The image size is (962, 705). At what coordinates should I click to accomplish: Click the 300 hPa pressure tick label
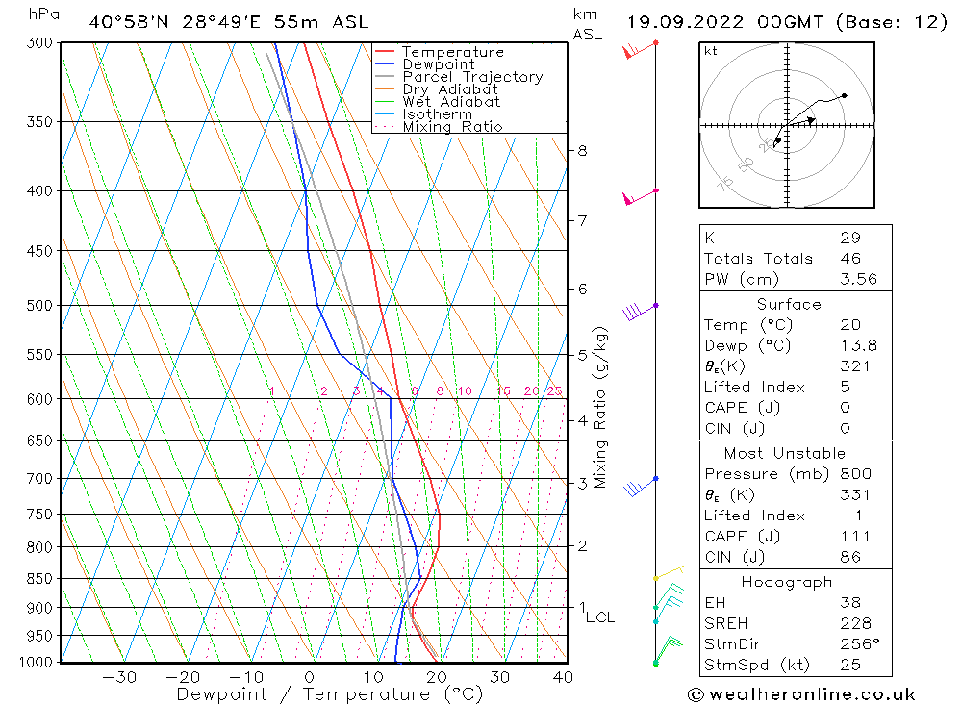[40, 43]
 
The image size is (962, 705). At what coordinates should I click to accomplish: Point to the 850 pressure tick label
[40, 579]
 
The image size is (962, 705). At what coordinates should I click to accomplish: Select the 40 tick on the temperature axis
[563, 677]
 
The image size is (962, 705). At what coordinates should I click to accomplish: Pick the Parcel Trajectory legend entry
[472, 77]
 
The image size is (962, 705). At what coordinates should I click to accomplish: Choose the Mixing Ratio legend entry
[452, 126]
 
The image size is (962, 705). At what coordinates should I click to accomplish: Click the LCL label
[599, 617]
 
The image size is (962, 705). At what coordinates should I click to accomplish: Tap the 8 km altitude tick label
[582, 151]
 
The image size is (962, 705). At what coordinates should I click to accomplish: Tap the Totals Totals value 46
[850, 259]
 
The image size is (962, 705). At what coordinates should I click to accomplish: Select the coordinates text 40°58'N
[128, 22]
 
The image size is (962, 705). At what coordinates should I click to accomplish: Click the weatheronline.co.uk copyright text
[801, 694]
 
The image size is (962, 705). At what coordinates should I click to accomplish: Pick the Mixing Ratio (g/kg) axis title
[600, 407]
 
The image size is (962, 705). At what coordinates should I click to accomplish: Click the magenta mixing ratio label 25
[554, 391]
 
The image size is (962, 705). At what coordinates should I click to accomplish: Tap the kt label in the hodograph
[710, 51]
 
